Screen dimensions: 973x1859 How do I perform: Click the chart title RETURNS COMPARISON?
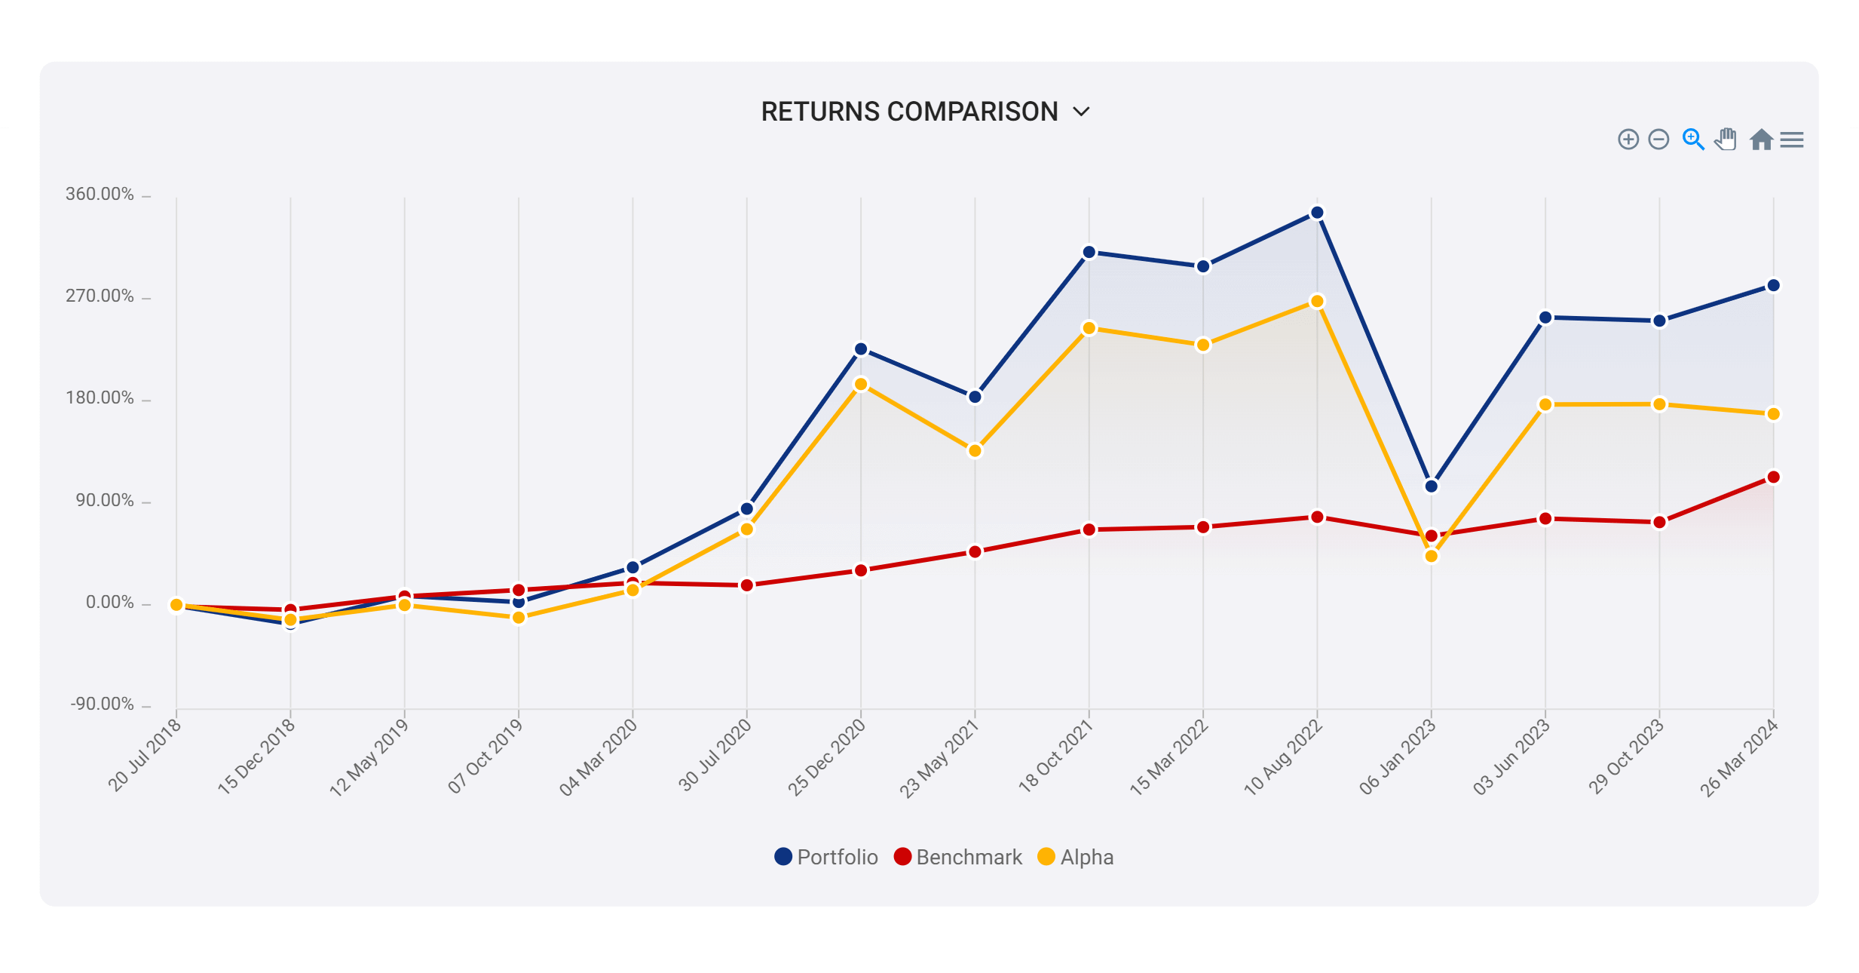(x=909, y=112)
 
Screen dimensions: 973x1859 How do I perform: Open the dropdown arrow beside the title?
(x=1082, y=112)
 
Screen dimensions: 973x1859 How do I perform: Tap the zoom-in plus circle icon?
(x=1628, y=140)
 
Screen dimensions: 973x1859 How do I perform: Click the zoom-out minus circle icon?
(x=1658, y=140)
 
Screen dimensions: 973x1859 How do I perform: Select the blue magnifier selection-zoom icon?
(x=1693, y=140)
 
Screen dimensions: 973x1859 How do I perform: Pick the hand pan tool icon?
(x=1726, y=140)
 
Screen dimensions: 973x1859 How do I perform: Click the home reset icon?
(x=1761, y=140)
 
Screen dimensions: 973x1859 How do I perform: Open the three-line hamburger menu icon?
(x=1792, y=140)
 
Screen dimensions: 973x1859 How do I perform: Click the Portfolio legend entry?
(x=826, y=857)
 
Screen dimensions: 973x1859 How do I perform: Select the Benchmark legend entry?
(x=958, y=857)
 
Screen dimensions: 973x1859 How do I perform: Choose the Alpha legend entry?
(x=1076, y=857)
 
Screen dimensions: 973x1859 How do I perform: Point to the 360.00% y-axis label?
(x=100, y=194)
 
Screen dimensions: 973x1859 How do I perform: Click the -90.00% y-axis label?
(x=102, y=704)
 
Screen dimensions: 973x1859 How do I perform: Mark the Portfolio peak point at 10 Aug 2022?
(x=1317, y=213)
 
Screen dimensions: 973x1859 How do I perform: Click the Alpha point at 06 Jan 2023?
(x=1431, y=556)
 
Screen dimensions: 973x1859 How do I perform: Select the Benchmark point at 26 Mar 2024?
(x=1773, y=477)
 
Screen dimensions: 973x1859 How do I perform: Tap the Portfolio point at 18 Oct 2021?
(x=1089, y=252)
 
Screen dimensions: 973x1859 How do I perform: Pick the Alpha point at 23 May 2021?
(x=975, y=450)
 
